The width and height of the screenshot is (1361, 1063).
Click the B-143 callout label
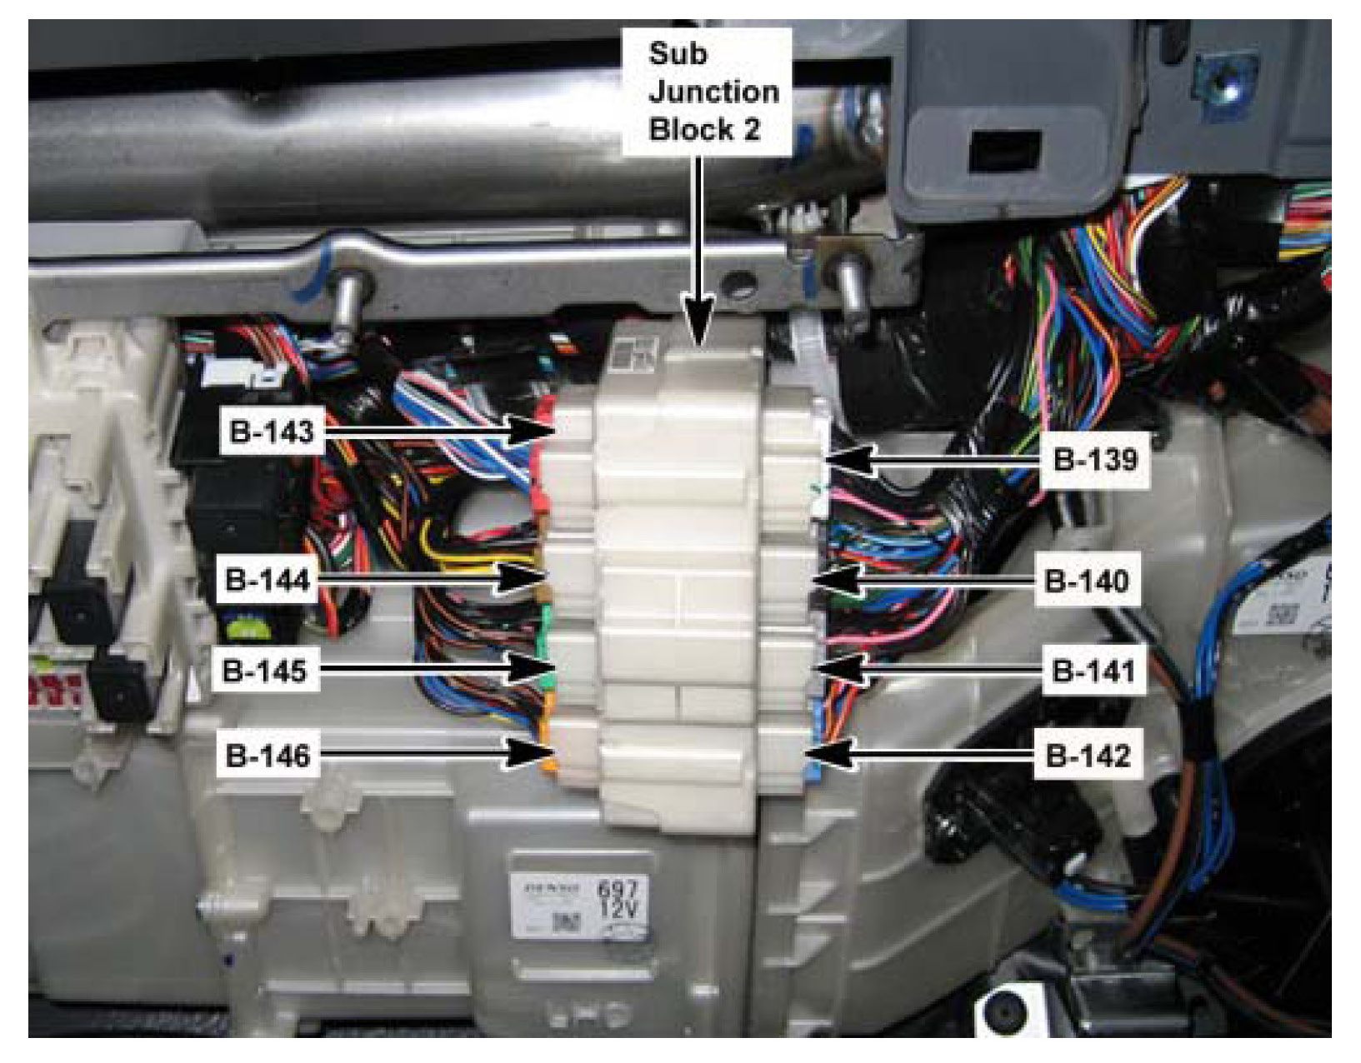(x=271, y=432)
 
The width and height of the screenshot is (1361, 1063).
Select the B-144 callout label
(x=268, y=579)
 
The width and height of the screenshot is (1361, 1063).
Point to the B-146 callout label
(x=268, y=756)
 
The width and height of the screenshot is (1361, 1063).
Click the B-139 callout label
(x=1095, y=459)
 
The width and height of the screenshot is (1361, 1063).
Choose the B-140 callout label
(x=1086, y=580)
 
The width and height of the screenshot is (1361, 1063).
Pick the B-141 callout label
(x=1093, y=670)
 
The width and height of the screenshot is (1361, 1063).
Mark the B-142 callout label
(x=1088, y=756)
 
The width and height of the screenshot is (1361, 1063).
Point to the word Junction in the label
(x=713, y=92)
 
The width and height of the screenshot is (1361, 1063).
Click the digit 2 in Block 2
(x=751, y=130)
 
